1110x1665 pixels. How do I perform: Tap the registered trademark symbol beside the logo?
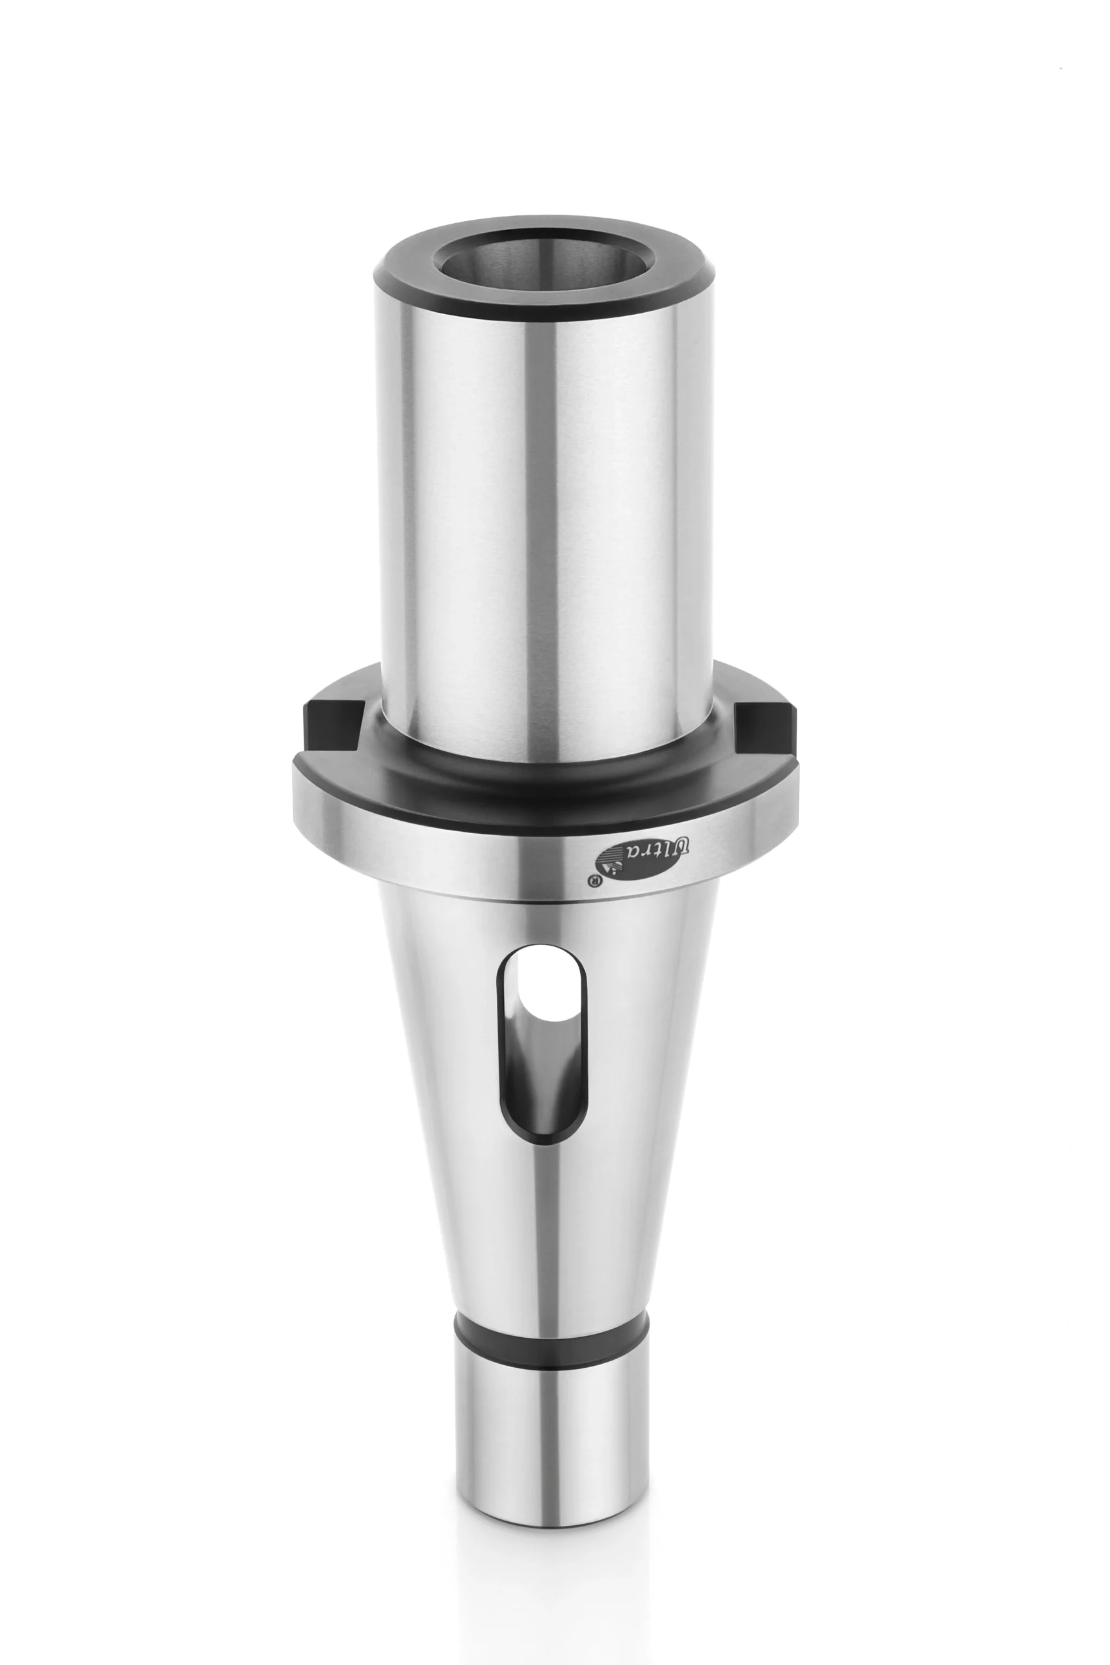click(x=594, y=880)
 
